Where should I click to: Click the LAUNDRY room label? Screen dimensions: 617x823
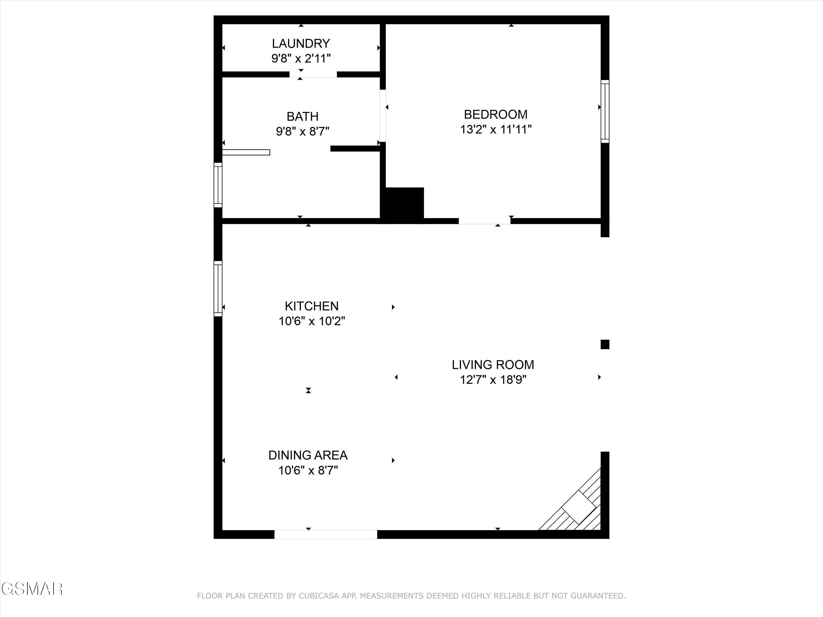click(301, 44)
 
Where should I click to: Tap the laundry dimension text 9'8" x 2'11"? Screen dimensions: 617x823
click(301, 58)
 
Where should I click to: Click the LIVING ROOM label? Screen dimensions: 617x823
click(493, 364)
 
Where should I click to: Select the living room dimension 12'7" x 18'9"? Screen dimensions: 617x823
click(493, 380)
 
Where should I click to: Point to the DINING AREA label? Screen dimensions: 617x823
click(308, 455)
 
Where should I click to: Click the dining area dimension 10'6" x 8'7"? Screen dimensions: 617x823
click(308, 471)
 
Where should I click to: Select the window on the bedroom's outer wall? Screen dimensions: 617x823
click(605, 111)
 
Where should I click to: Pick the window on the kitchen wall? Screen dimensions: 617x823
click(218, 288)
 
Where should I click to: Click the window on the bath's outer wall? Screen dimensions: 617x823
click(218, 185)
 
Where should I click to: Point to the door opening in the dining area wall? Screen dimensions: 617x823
click(326, 534)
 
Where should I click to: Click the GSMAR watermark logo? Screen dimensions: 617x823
click(31, 589)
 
